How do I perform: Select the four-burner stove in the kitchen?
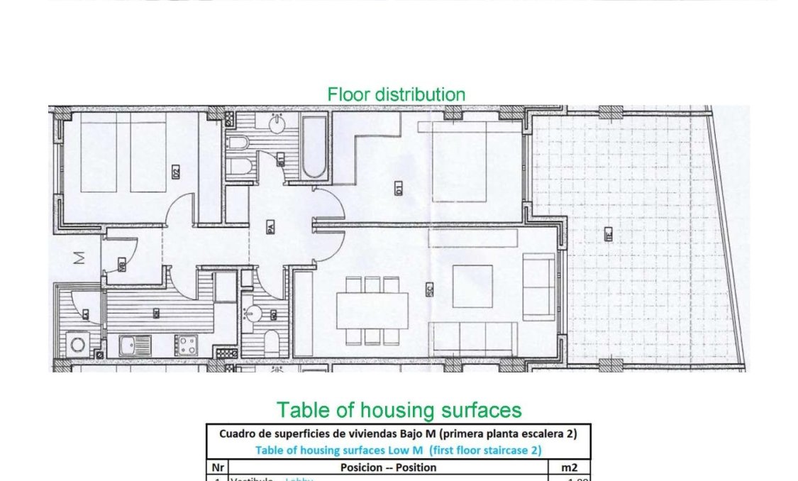click(x=187, y=345)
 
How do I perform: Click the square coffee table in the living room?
click(x=472, y=286)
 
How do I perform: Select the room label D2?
click(x=175, y=171)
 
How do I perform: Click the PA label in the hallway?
click(x=270, y=228)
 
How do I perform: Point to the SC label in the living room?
click(x=430, y=289)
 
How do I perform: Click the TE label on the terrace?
click(x=609, y=236)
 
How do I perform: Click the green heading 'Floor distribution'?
click(x=396, y=94)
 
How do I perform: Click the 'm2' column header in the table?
click(x=570, y=467)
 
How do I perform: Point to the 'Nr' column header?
click(x=217, y=467)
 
